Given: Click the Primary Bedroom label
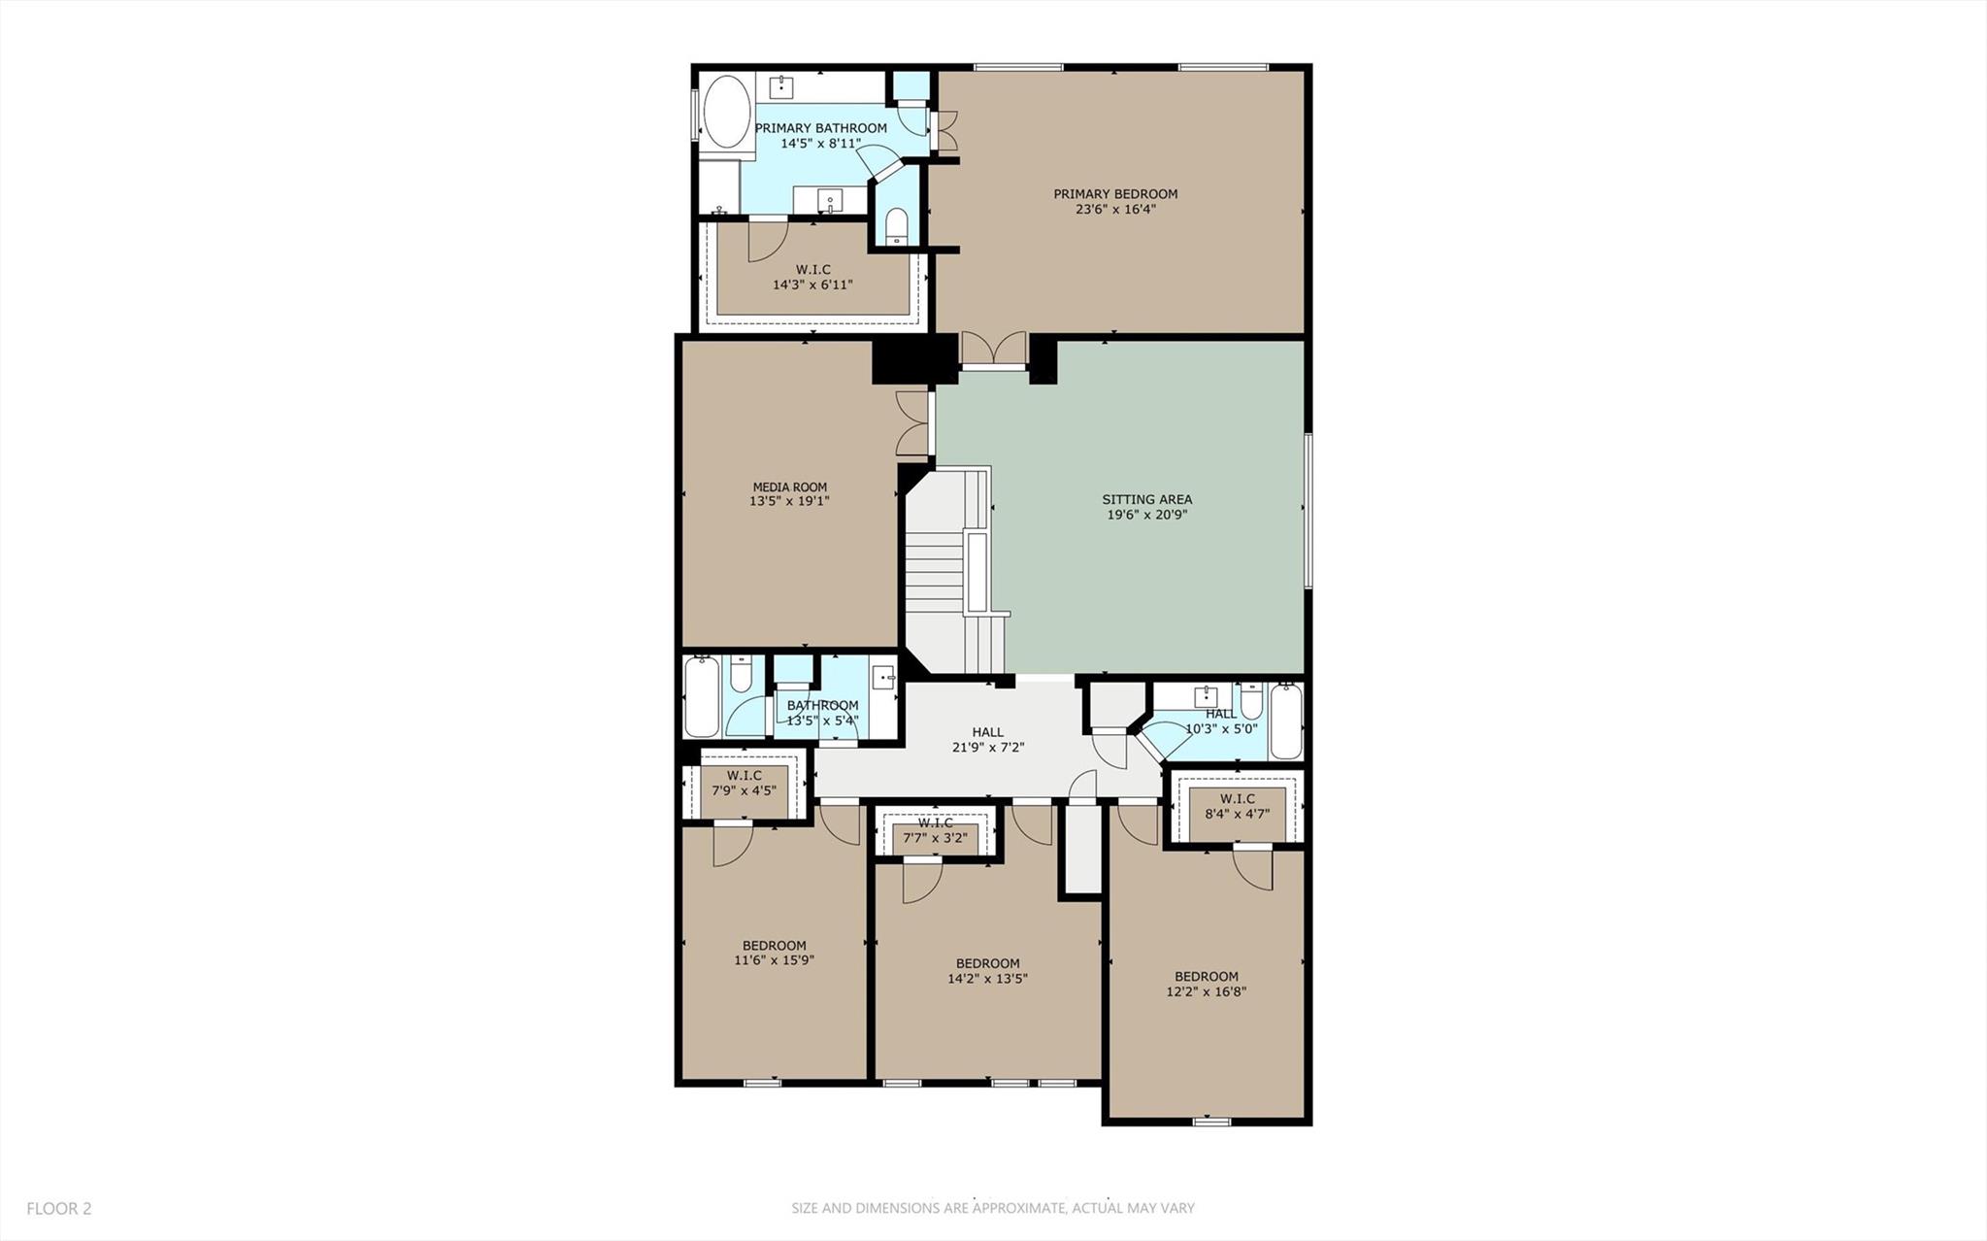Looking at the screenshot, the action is (x=1115, y=194).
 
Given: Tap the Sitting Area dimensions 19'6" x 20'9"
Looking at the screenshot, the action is (x=1147, y=516).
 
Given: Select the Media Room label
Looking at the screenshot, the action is (x=790, y=487).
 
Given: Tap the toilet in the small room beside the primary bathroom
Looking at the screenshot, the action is (x=896, y=226).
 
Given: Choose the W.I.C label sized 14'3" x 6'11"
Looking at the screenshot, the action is (x=813, y=270).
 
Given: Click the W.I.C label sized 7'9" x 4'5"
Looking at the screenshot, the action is (x=745, y=776).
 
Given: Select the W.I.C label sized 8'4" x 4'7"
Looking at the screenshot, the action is (x=1238, y=800).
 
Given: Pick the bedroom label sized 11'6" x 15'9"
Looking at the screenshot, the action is (x=775, y=946).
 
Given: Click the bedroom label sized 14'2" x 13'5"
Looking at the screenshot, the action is (x=988, y=964).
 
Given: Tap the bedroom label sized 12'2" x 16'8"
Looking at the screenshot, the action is (x=1207, y=977).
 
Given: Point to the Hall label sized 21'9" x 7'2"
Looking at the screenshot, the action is (x=988, y=733).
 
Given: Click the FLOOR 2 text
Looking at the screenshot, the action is (x=59, y=1209).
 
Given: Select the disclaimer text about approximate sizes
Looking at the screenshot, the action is (x=993, y=1209).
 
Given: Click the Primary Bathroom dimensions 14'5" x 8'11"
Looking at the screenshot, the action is (x=821, y=144).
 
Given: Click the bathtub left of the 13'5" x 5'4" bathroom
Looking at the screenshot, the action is (x=701, y=697).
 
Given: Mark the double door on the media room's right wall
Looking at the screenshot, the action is (x=913, y=423).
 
